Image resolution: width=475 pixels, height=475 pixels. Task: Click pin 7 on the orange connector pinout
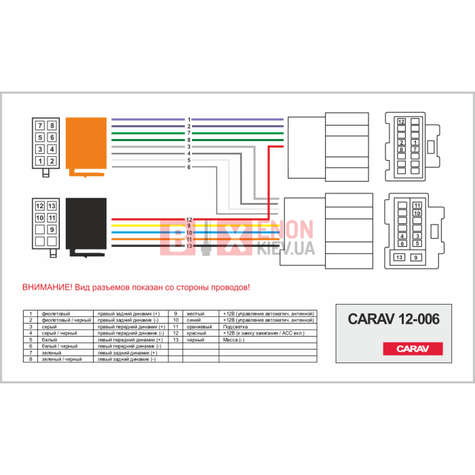point(40,126)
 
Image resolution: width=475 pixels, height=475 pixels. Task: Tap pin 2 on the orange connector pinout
point(52,161)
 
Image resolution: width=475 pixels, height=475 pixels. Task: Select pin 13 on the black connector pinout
point(52,206)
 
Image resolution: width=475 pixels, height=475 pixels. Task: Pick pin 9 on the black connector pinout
point(52,229)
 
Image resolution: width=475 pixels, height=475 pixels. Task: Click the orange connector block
point(87,147)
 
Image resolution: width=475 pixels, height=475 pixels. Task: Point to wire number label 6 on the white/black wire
point(189,167)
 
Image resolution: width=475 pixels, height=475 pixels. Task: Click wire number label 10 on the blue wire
point(189,233)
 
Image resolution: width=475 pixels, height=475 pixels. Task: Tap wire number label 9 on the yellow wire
point(189,226)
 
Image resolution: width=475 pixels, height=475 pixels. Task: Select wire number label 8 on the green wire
point(189,140)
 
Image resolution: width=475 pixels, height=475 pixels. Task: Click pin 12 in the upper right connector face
point(402,121)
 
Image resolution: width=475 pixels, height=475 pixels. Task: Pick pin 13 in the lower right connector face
point(400,258)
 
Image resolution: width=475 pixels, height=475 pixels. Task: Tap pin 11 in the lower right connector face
point(417,205)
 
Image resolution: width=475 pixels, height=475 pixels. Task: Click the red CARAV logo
point(413,349)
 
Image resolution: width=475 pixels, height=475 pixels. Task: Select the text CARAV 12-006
point(394,318)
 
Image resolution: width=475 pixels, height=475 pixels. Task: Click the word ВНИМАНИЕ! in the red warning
point(46,288)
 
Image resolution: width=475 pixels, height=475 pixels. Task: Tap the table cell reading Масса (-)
point(233,339)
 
